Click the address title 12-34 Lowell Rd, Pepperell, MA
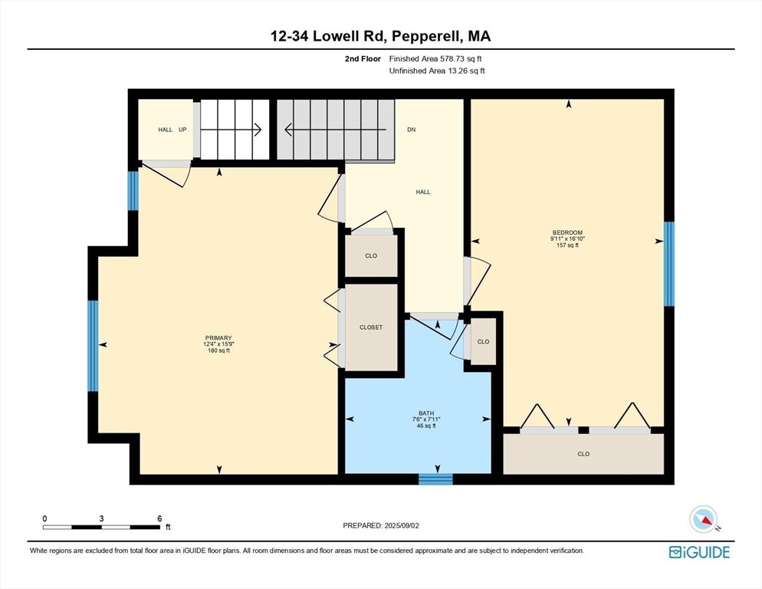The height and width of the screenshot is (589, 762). click(381, 36)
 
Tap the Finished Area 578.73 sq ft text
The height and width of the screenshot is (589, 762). click(436, 58)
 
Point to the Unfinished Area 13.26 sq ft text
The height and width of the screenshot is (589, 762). click(438, 71)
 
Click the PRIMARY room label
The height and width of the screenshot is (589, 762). click(218, 338)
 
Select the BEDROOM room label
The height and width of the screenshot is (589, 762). click(567, 232)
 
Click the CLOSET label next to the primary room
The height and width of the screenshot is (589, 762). click(371, 327)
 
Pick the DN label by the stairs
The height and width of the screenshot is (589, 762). click(411, 130)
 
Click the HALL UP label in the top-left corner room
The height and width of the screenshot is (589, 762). click(172, 130)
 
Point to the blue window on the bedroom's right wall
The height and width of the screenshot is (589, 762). click(668, 264)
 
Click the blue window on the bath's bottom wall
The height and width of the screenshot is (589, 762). click(435, 479)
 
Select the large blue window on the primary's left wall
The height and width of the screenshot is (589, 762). click(93, 345)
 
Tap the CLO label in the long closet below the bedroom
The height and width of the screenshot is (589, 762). click(583, 454)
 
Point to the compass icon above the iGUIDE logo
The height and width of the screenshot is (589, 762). click(703, 519)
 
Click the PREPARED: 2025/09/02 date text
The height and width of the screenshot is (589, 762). click(381, 525)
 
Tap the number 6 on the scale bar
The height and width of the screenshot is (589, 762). click(159, 518)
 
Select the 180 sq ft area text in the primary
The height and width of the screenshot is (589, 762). click(218, 351)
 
